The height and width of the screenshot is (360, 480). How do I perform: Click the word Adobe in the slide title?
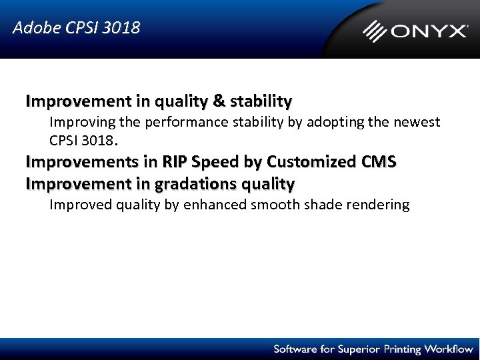32,28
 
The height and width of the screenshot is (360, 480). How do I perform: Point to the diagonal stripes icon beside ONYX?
375,31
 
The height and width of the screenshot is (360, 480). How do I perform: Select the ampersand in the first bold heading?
219,101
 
